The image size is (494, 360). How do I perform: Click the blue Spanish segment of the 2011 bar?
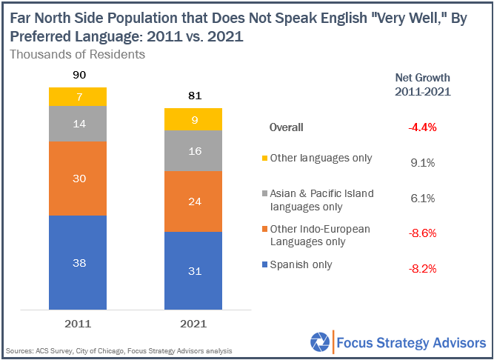coord(78,262)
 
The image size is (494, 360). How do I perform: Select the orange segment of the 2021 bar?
coord(193,201)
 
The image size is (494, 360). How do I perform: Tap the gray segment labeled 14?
coord(78,124)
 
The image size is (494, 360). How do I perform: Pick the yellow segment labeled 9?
coord(193,119)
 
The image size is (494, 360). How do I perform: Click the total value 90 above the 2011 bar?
coord(78,76)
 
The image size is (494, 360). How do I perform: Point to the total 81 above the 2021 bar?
coord(193,96)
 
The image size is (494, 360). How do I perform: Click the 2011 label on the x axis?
coord(78,324)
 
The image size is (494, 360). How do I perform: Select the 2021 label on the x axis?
coord(193,324)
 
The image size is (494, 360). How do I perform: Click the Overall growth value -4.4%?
coord(423,127)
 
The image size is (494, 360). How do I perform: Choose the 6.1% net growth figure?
coord(423,198)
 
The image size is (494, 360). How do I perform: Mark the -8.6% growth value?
coord(423,233)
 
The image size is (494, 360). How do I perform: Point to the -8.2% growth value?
coord(423,267)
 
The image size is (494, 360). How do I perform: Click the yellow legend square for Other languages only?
coord(266,158)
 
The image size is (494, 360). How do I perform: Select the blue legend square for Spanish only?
coord(266,265)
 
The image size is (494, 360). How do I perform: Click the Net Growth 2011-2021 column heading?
coord(423,84)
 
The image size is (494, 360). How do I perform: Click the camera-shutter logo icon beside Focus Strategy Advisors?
coord(319,343)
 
